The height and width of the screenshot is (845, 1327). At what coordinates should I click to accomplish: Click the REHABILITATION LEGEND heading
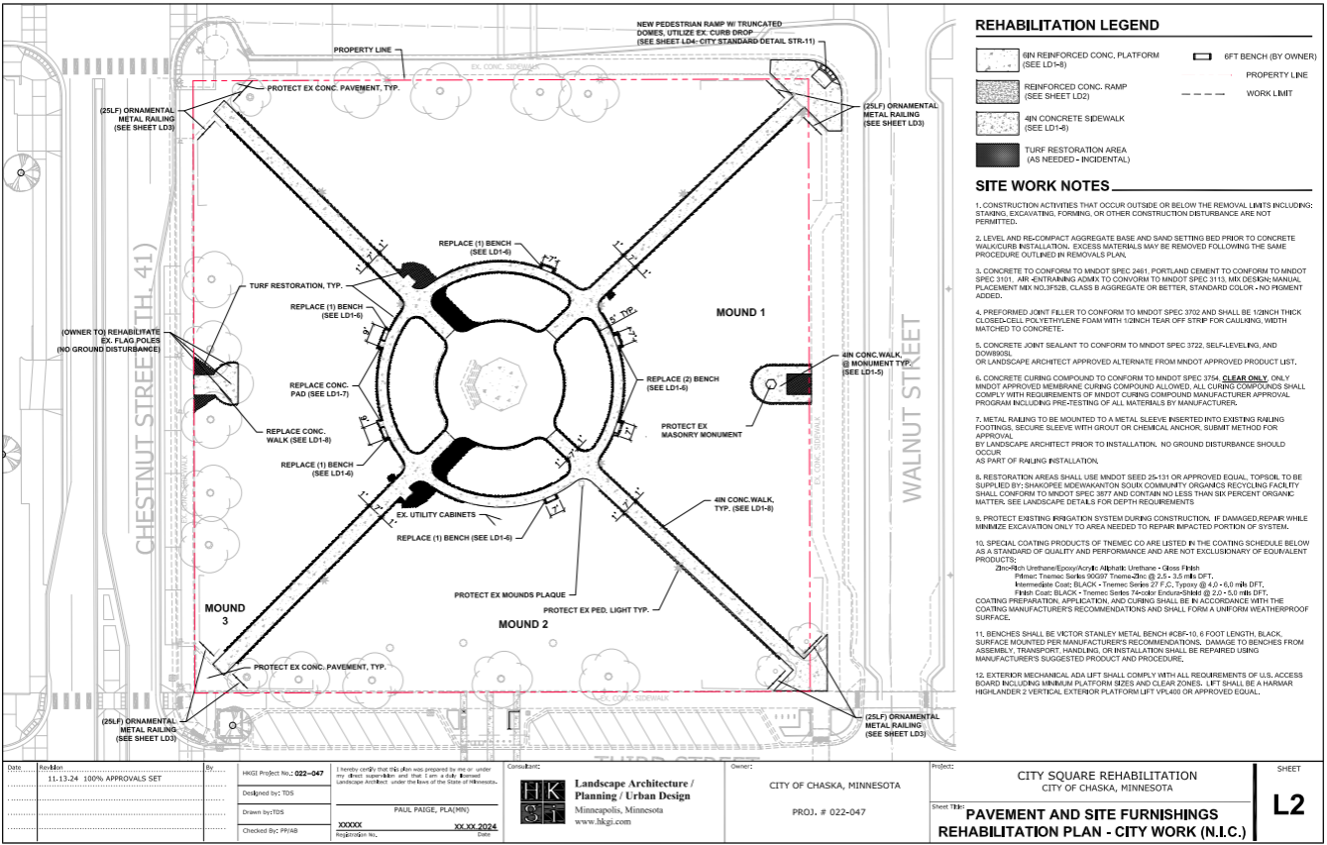click(1067, 25)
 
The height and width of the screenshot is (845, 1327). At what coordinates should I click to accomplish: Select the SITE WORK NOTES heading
click(1043, 186)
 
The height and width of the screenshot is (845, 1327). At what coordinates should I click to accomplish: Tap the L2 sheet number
click(1288, 805)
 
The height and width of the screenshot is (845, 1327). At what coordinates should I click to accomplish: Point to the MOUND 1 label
click(741, 312)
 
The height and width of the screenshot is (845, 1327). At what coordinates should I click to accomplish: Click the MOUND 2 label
click(523, 625)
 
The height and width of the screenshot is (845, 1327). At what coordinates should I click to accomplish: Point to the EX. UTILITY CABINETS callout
click(438, 516)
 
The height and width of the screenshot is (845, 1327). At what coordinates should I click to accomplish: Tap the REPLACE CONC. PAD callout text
click(322, 389)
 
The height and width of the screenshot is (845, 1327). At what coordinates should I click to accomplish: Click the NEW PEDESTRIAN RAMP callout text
click(712, 32)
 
